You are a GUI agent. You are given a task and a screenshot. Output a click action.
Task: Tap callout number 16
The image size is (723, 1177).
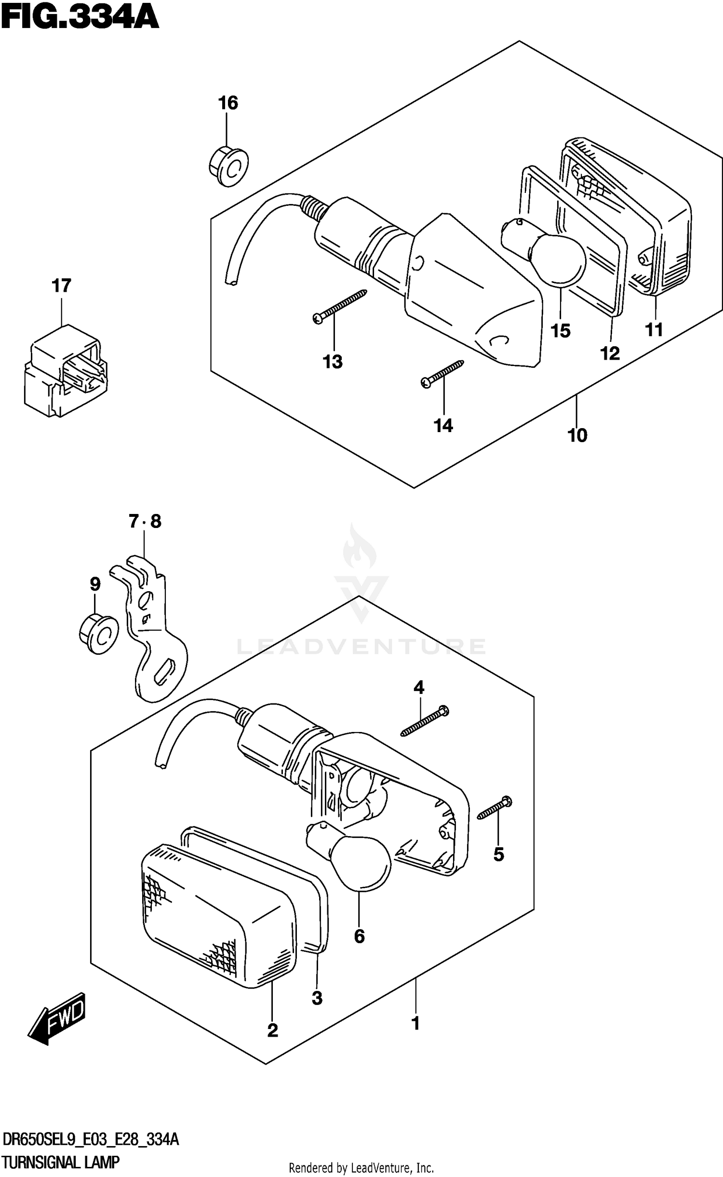(228, 103)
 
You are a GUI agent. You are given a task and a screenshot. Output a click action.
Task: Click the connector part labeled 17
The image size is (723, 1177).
(65, 371)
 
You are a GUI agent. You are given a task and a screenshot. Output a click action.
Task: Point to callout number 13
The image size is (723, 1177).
(333, 362)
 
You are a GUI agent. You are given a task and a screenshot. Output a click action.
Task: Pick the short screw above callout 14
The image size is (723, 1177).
(442, 374)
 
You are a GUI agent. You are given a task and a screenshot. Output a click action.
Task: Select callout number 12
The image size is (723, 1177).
(610, 353)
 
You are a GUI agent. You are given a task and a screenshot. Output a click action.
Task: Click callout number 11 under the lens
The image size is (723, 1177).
(654, 330)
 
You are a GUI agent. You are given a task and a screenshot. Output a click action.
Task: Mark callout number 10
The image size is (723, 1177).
(577, 435)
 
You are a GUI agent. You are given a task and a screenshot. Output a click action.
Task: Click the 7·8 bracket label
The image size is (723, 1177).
(145, 521)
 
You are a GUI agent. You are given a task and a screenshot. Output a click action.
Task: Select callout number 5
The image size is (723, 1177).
(498, 855)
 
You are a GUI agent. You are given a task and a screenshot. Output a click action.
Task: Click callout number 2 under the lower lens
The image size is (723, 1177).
(272, 1031)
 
